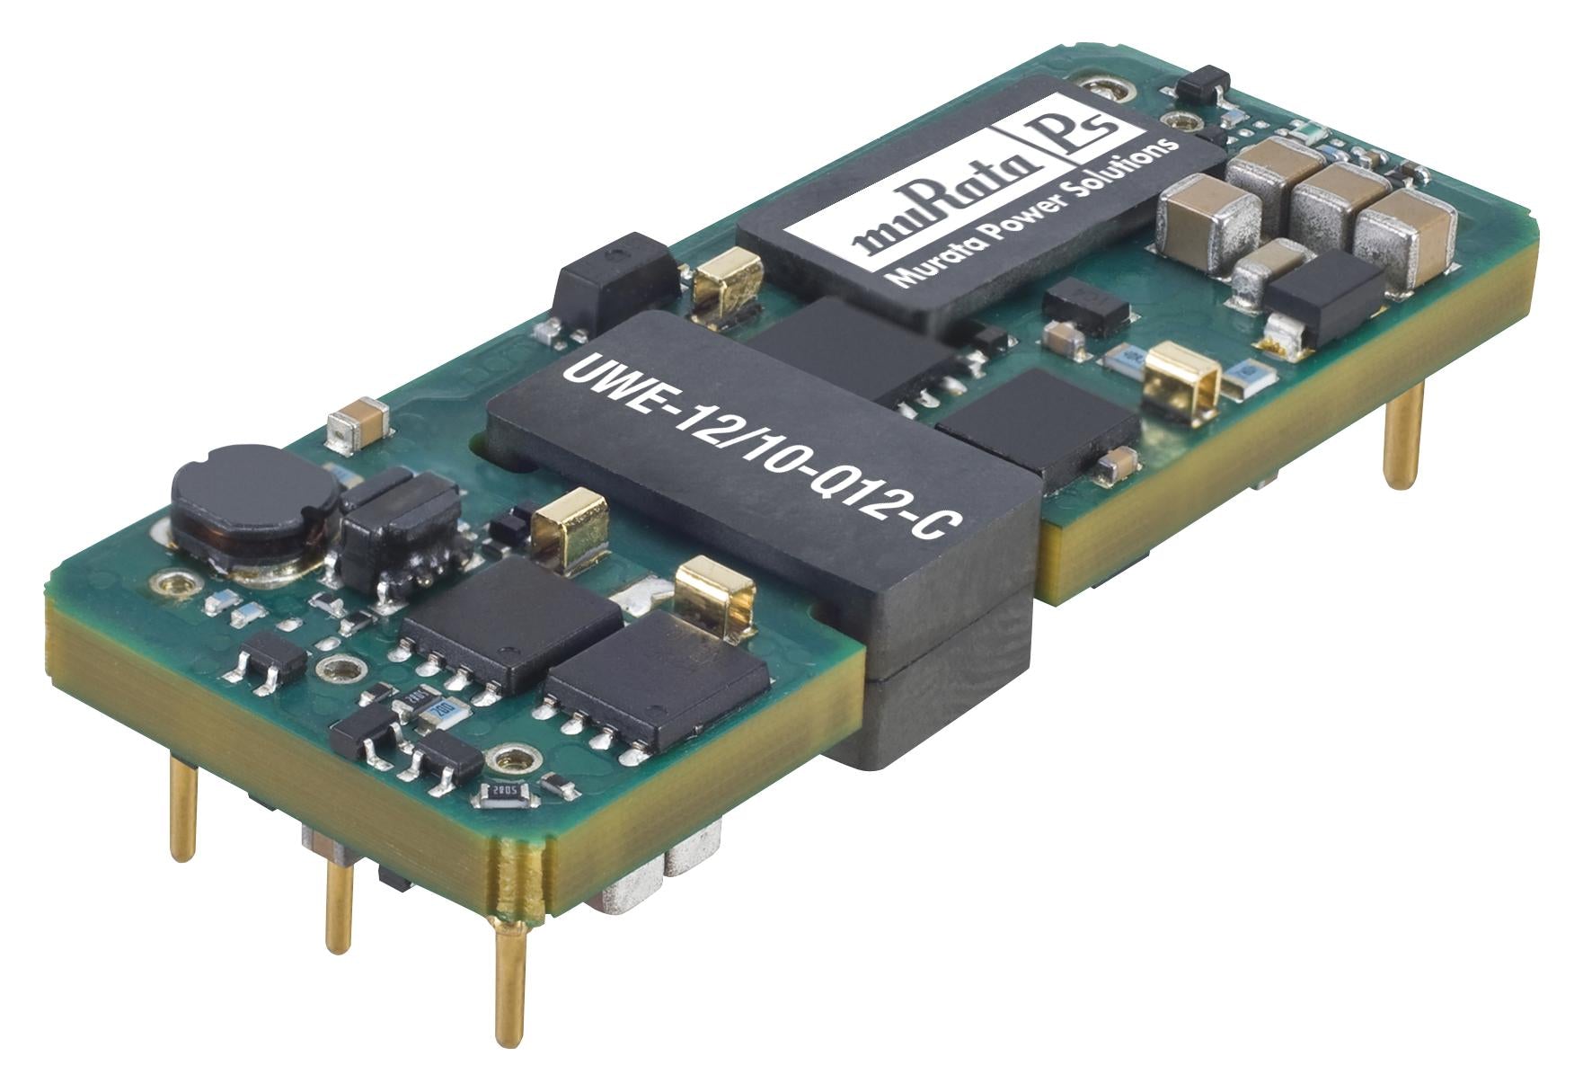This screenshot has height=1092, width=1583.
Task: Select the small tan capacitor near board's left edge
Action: point(359,431)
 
